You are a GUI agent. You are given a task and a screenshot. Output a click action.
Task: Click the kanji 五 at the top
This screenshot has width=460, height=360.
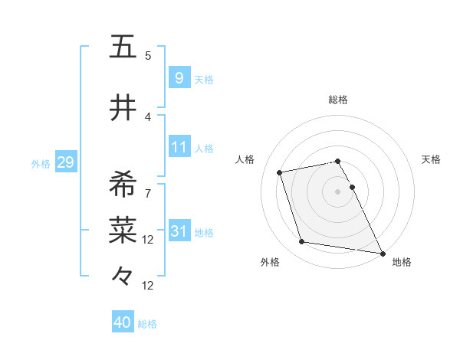(x=123, y=47)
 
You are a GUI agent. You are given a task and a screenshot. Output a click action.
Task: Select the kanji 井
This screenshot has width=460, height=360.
(x=123, y=109)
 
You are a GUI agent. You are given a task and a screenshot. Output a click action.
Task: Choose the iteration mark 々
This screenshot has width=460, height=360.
(x=123, y=273)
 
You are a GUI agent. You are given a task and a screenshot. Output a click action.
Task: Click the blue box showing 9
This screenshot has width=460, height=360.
(x=179, y=78)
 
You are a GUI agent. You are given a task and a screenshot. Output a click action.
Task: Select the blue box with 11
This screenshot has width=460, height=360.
(x=179, y=147)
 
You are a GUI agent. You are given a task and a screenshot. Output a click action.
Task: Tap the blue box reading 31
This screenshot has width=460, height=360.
(x=179, y=231)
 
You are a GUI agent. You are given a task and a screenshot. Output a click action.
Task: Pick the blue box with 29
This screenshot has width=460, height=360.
(x=65, y=162)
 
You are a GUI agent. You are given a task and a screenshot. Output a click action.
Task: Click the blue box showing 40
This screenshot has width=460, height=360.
(x=122, y=323)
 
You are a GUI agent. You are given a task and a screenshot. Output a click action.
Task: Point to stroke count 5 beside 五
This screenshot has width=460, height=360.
(x=148, y=56)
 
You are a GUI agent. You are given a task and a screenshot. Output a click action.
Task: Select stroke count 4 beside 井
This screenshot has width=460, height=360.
(x=148, y=117)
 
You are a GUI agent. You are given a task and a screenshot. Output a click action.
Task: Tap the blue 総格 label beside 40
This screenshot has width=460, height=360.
(x=147, y=324)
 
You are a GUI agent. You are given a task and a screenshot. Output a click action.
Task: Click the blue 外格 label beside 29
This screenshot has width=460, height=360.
(x=40, y=163)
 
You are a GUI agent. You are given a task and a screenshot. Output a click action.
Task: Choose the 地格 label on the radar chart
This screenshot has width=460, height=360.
(x=402, y=262)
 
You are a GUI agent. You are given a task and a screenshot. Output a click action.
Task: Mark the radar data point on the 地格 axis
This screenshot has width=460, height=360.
(x=382, y=253)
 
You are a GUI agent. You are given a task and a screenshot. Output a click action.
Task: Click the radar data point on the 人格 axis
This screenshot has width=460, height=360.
(x=280, y=172)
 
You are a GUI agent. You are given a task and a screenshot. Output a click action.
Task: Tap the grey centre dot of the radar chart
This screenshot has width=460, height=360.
(x=338, y=191)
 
